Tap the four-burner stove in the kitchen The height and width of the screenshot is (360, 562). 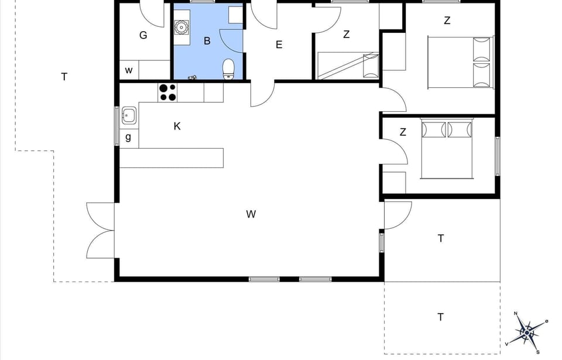click(x=167, y=92)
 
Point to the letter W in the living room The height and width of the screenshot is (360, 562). click(x=251, y=214)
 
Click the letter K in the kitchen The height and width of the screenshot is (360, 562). click(x=177, y=126)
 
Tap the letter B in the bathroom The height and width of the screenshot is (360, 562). click(x=207, y=41)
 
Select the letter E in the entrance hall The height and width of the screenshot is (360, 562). click(x=279, y=44)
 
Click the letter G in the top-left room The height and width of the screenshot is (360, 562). click(x=143, y=35)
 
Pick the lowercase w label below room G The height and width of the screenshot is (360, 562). click(x=129, y=70)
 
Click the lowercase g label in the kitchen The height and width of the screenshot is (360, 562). click(x=128, y=138)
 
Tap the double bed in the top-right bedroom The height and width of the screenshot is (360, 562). click(x=460, y=62)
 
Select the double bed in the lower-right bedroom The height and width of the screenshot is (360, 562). click(x=447, y=149)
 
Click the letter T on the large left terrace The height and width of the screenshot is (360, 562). click(x=64, y=77)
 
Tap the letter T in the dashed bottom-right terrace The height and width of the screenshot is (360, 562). click(x=440, y=317)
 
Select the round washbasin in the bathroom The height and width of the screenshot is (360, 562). click(x=181, y=26)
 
